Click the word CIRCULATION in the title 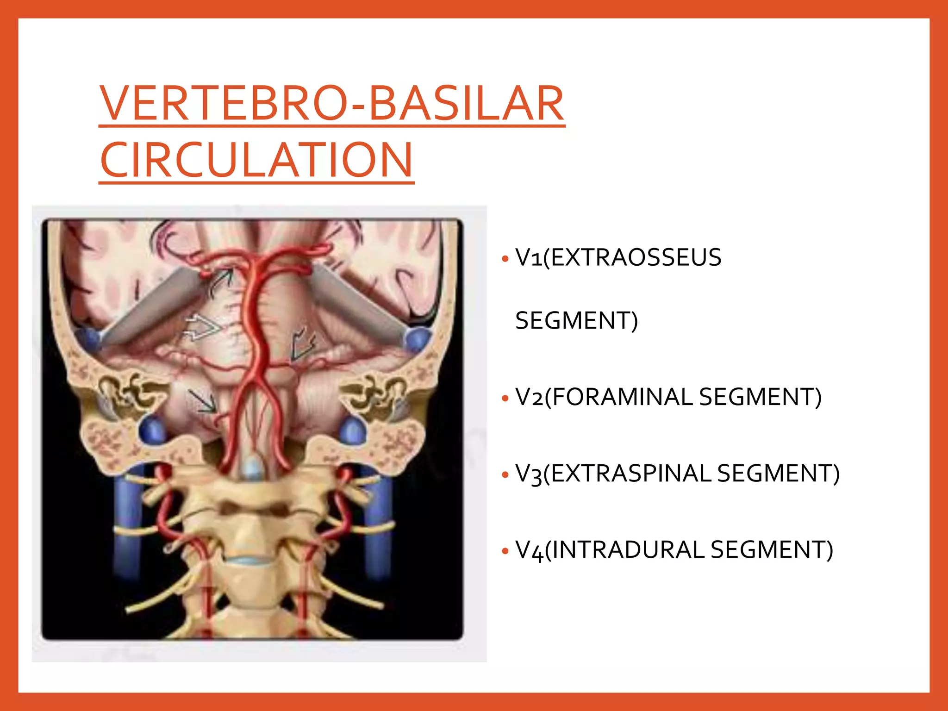point(256,160)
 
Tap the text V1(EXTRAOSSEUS point(618,257)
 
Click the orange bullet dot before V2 point(505,398)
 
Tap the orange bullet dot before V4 point(505,551)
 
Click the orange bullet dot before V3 point(505,474)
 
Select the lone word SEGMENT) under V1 point(576,320)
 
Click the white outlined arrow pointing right point(202,327)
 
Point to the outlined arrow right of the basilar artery point(303,345)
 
